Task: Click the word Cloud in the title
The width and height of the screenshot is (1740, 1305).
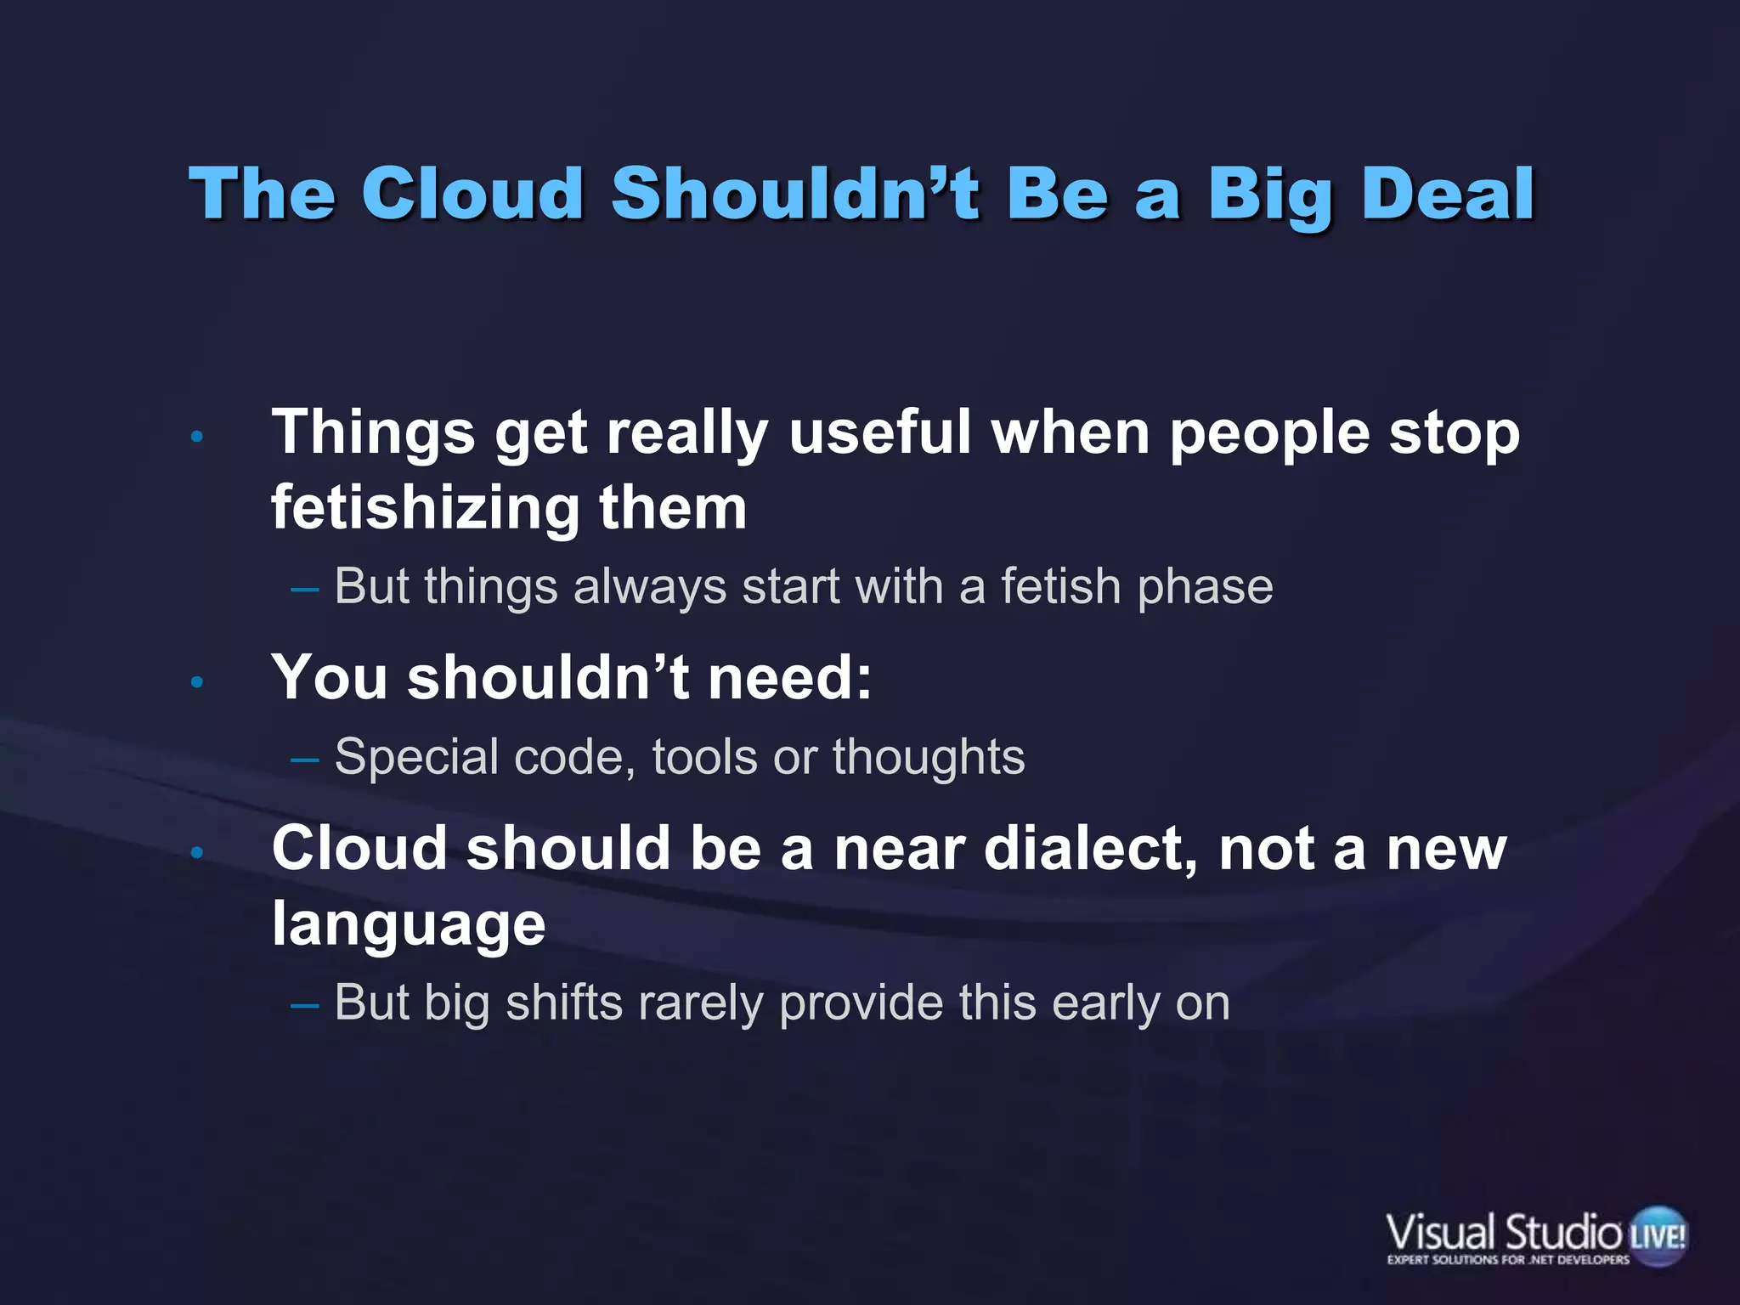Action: tap(472, 194)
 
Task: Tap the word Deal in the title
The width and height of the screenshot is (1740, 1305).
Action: tap(1448, 194)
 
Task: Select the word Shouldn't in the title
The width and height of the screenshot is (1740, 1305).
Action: tap(794, 194)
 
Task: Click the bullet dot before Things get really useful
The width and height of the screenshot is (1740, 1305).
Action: tap(197, 438)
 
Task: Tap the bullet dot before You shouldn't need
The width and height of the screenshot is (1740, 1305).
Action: tap(197, 682)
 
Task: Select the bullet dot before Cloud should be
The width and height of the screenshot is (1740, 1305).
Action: tap(197, 852)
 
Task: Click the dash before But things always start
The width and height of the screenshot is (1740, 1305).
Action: tap(304, 589)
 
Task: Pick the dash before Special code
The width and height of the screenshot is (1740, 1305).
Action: tap(304, 759)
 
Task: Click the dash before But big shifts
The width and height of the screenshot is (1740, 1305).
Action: tap(304, 1005)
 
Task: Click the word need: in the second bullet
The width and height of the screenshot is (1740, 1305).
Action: tap(789, 678)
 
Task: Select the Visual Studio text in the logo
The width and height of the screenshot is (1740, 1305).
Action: tap(1504, 1232)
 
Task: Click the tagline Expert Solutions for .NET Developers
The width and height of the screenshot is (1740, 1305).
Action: tap(1508, 1260)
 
